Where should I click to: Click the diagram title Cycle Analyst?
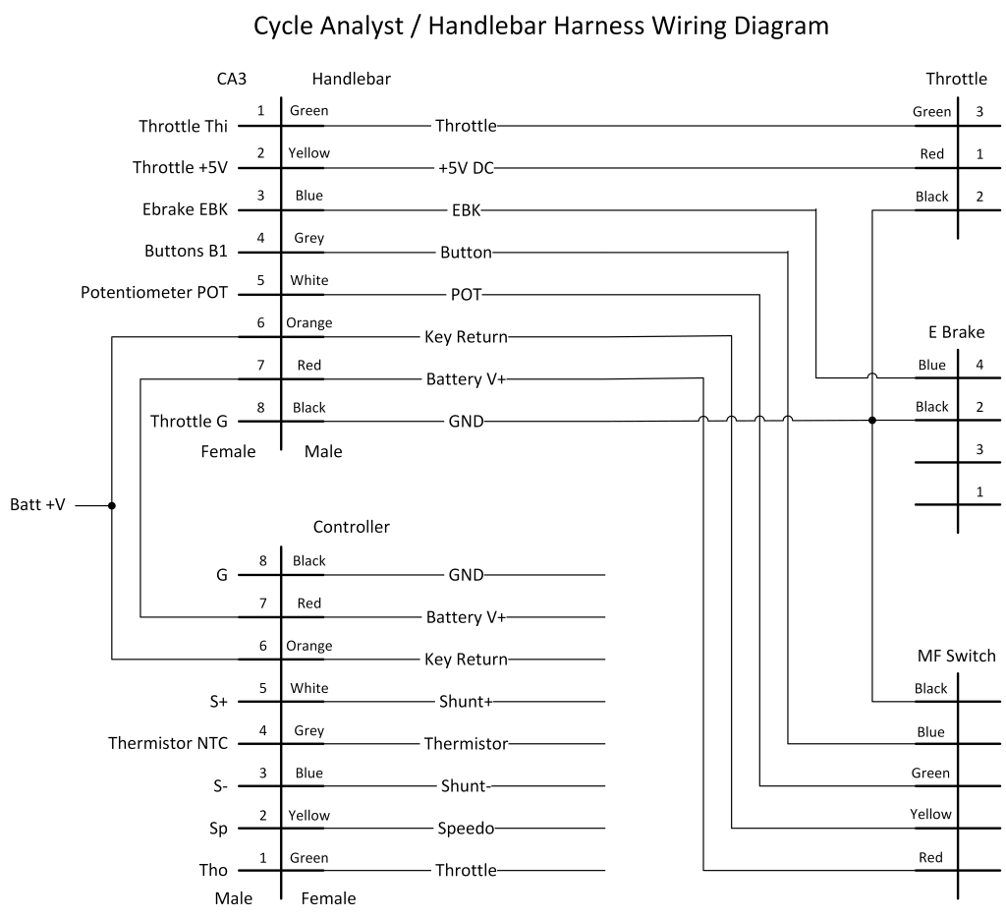pyautogui.click(x=540, y=26)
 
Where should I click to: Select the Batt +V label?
pyautogui.click(x=38, y=506)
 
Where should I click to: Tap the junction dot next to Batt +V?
pyautogui.click(x=112, y=506)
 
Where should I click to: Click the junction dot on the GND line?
pyautogui.click(x=871, y=421)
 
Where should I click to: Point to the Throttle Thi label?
pyautogui.click(x=183, y=126)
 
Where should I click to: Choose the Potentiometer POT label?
pyautogui.click(x=154, y=294)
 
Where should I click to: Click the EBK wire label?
pyautogui.click(x=467, y=210)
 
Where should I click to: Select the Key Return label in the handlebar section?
pyautogui.click(x=466, y=337)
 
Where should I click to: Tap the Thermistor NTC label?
pyautogui.click(x=168, y=743)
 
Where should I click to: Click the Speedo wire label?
pyautogui.click(x=466, y=829)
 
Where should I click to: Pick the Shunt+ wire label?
pyautogui.click(x=466, y=702)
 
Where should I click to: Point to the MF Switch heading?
pyautogui.click(x=956, y=656)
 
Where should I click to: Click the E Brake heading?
pyautogui.click(x=956, y=332)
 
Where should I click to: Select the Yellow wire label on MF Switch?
pyautogui.click(x=929, y=814)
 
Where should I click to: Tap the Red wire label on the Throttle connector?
pyautogui.click(x=931, y=154)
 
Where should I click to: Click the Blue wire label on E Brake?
pyautogui.click(x=931, y=366)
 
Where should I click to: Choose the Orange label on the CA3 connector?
pyautogui.click(x=308, y=322)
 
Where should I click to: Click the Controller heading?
pyautogui.click(x=351, y=527)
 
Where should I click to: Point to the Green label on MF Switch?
pyautogui.click(x=929, y=773)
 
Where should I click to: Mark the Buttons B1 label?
pyautogui.click(x=186, y=252)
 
